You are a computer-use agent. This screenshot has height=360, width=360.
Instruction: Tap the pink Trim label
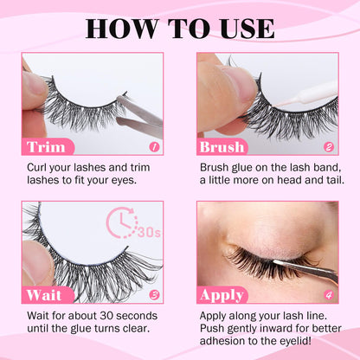(x=46, y=146)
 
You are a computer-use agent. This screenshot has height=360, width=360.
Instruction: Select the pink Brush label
(x=222, y=146)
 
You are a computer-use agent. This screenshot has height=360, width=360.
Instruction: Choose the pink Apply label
(x=222, y=295)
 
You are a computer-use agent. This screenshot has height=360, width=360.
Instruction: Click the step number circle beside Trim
(x=155, y=147)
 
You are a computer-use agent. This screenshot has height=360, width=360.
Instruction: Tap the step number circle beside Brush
(x=329, y=147)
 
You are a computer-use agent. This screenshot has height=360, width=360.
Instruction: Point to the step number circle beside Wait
(x=155, y=295)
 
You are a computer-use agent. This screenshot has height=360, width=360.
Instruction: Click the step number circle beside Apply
(x=329, y=295)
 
